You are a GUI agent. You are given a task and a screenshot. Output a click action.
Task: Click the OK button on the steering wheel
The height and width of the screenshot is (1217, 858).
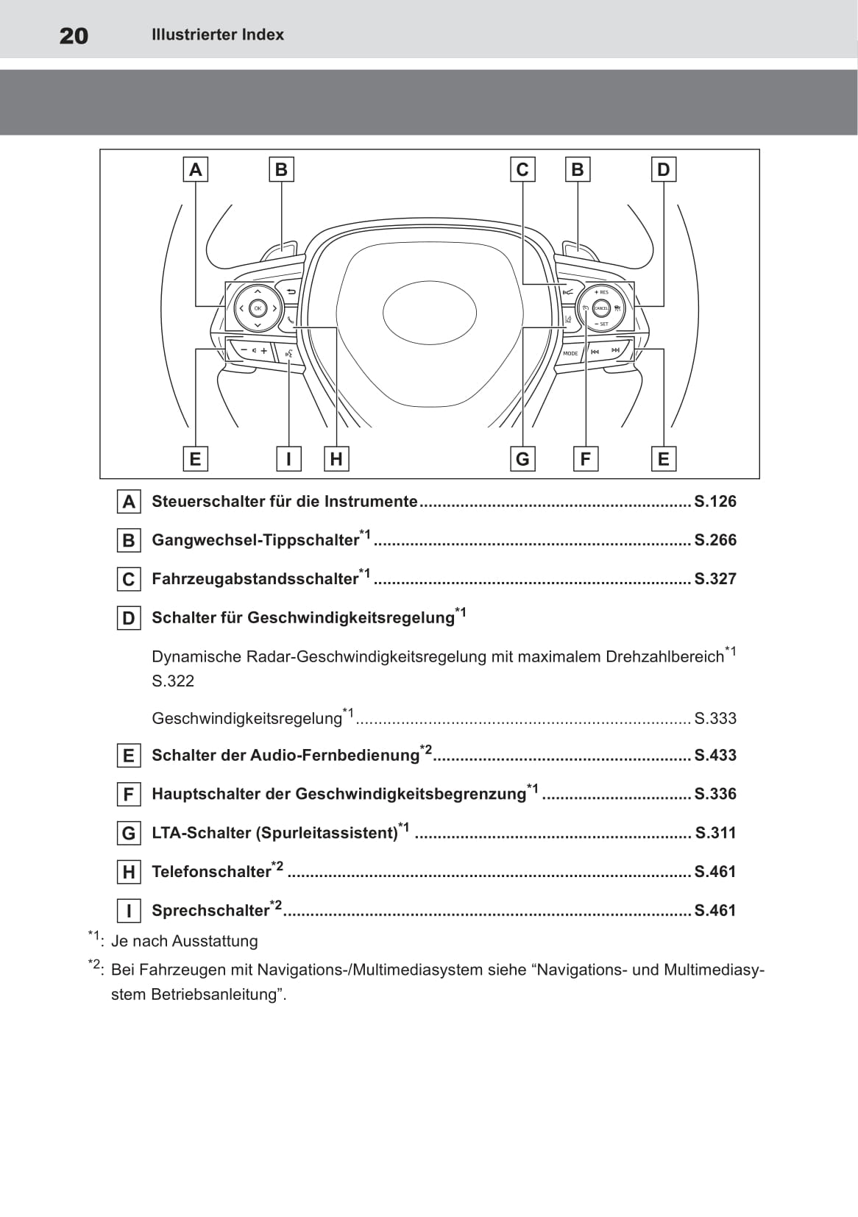click(x=257, y=308)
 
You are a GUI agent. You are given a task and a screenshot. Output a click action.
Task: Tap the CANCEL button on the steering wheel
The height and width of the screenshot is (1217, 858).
click(x=601, y=308)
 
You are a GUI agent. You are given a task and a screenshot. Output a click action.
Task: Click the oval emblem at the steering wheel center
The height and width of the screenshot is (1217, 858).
click(x=430, y=313)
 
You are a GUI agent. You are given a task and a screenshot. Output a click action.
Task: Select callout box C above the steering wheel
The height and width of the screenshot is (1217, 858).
click(x=522, y=170)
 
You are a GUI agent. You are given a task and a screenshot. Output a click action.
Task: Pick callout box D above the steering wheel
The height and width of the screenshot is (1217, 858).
click(x=663, y=170)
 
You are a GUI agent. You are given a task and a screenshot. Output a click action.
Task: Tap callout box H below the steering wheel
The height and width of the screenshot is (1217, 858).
click(x=336, y=459)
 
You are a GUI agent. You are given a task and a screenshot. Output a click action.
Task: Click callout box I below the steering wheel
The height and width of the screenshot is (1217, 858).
click(x=288, y=459)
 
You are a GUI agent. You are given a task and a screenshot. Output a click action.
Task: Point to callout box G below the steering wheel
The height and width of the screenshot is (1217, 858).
click(x=522, y=459)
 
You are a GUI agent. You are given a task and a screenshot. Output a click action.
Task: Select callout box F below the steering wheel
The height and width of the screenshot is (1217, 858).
click(x=585, y=459)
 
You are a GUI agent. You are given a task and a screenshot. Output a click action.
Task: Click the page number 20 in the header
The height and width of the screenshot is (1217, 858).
click(x=74, y=35)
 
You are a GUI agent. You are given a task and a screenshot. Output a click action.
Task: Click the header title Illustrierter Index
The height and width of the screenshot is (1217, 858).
click(x=217, y=35)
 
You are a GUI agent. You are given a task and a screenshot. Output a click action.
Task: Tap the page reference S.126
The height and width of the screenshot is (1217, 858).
click(x=715, y=502)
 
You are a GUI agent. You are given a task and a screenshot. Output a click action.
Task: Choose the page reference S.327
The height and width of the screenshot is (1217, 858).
click(x=715, y=579)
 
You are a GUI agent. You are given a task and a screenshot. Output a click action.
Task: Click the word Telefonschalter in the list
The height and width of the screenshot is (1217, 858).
click(x=211, y=872)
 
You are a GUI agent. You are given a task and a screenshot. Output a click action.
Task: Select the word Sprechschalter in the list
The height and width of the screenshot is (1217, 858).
click(x=210, y=911)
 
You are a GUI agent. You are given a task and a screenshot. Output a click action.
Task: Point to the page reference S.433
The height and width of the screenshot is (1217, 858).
click(x=715, y=756)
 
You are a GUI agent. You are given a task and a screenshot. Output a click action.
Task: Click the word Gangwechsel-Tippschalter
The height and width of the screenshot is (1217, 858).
click(x=255, y=540)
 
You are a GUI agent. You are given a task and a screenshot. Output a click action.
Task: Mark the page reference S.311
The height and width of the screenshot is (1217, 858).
click(x=715, y=833)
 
